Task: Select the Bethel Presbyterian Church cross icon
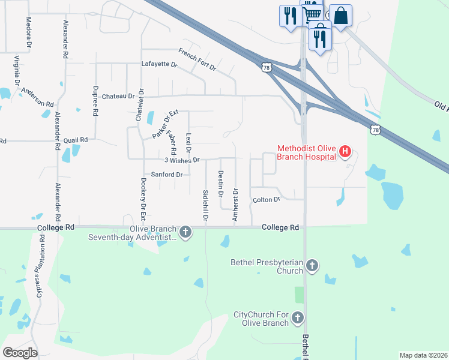[x=312, y=265]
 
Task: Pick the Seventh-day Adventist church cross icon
[x=185, y=232]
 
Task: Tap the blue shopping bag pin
[x=340, y=16]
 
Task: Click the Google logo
[x=20, y=352]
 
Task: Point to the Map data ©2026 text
[x=423, y=355]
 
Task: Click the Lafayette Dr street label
[x=160, y=64]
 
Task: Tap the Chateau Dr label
[x=118, y=96]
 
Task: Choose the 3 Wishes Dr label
[x=182, y=160]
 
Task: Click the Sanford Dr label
[x=166, y=175]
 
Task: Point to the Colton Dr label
[x=267, y=200]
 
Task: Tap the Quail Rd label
[x=76, y=140]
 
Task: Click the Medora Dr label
[x=28, y=32]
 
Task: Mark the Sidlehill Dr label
[x=205, y=206]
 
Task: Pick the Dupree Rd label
[x=95, y=103]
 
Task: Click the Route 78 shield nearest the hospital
[x=375, y=130]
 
